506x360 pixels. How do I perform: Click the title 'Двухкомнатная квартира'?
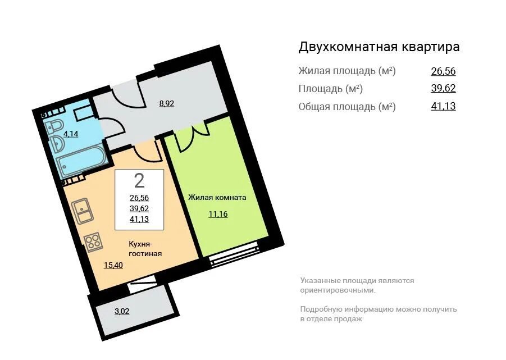coord(379,47)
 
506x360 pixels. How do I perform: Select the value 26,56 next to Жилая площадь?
coord(443,71)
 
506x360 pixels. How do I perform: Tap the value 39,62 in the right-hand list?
coord(443,88)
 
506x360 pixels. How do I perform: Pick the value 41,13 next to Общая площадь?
coord(443,106)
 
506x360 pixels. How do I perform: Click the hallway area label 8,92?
coord(167,103)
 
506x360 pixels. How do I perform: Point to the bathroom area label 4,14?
coord(71,134)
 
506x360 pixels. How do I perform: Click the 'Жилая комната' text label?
coord(217,197)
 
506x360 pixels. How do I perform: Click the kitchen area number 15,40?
coord(113,265)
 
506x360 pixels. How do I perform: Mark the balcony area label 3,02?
coord(122,311)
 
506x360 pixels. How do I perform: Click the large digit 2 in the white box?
coord(139,180)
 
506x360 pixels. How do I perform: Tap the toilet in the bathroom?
coord(55,124)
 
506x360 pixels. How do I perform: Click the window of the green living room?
coord(234,253)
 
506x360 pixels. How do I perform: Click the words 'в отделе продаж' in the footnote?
coord(331,318)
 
